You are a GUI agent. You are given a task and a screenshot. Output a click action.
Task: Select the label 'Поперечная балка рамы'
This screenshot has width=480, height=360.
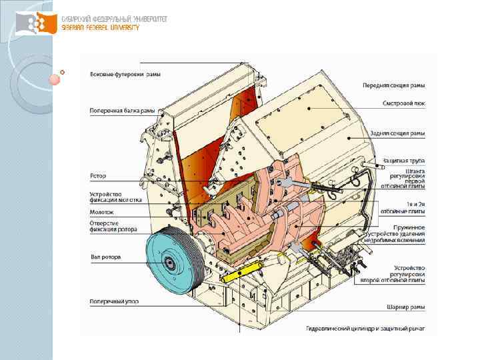pos(122,110)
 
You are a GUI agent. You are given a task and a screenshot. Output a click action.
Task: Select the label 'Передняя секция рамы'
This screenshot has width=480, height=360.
pos(393,85)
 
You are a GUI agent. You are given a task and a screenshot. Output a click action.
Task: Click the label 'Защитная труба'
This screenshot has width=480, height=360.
pos(404,160)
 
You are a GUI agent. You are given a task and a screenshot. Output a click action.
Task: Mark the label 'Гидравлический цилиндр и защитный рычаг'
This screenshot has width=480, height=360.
pos(365,328)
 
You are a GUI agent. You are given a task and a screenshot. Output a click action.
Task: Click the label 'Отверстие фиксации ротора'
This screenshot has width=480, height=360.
pos(113,226)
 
